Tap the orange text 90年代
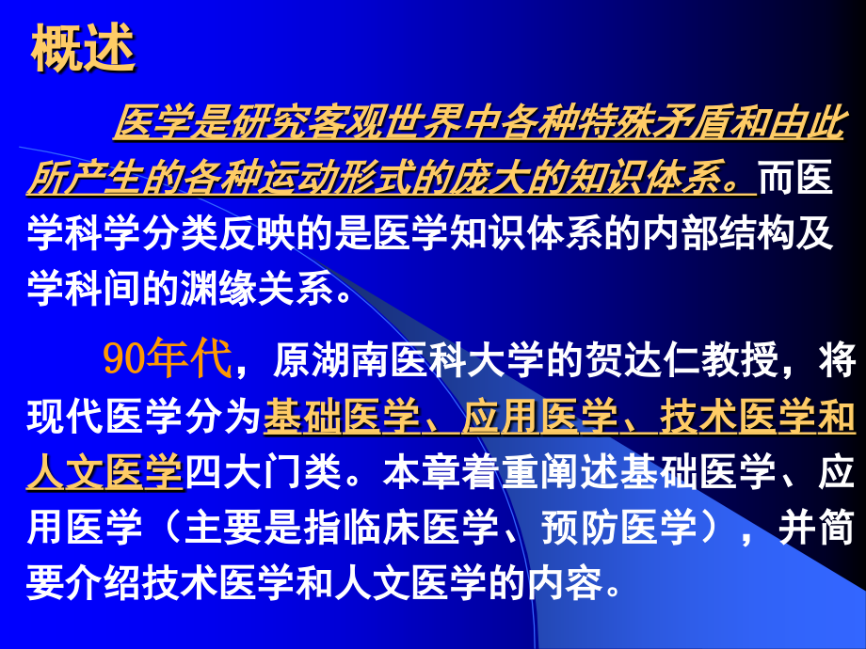point(166,359)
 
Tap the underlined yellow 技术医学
point(729,417)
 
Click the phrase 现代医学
point(104,417)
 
